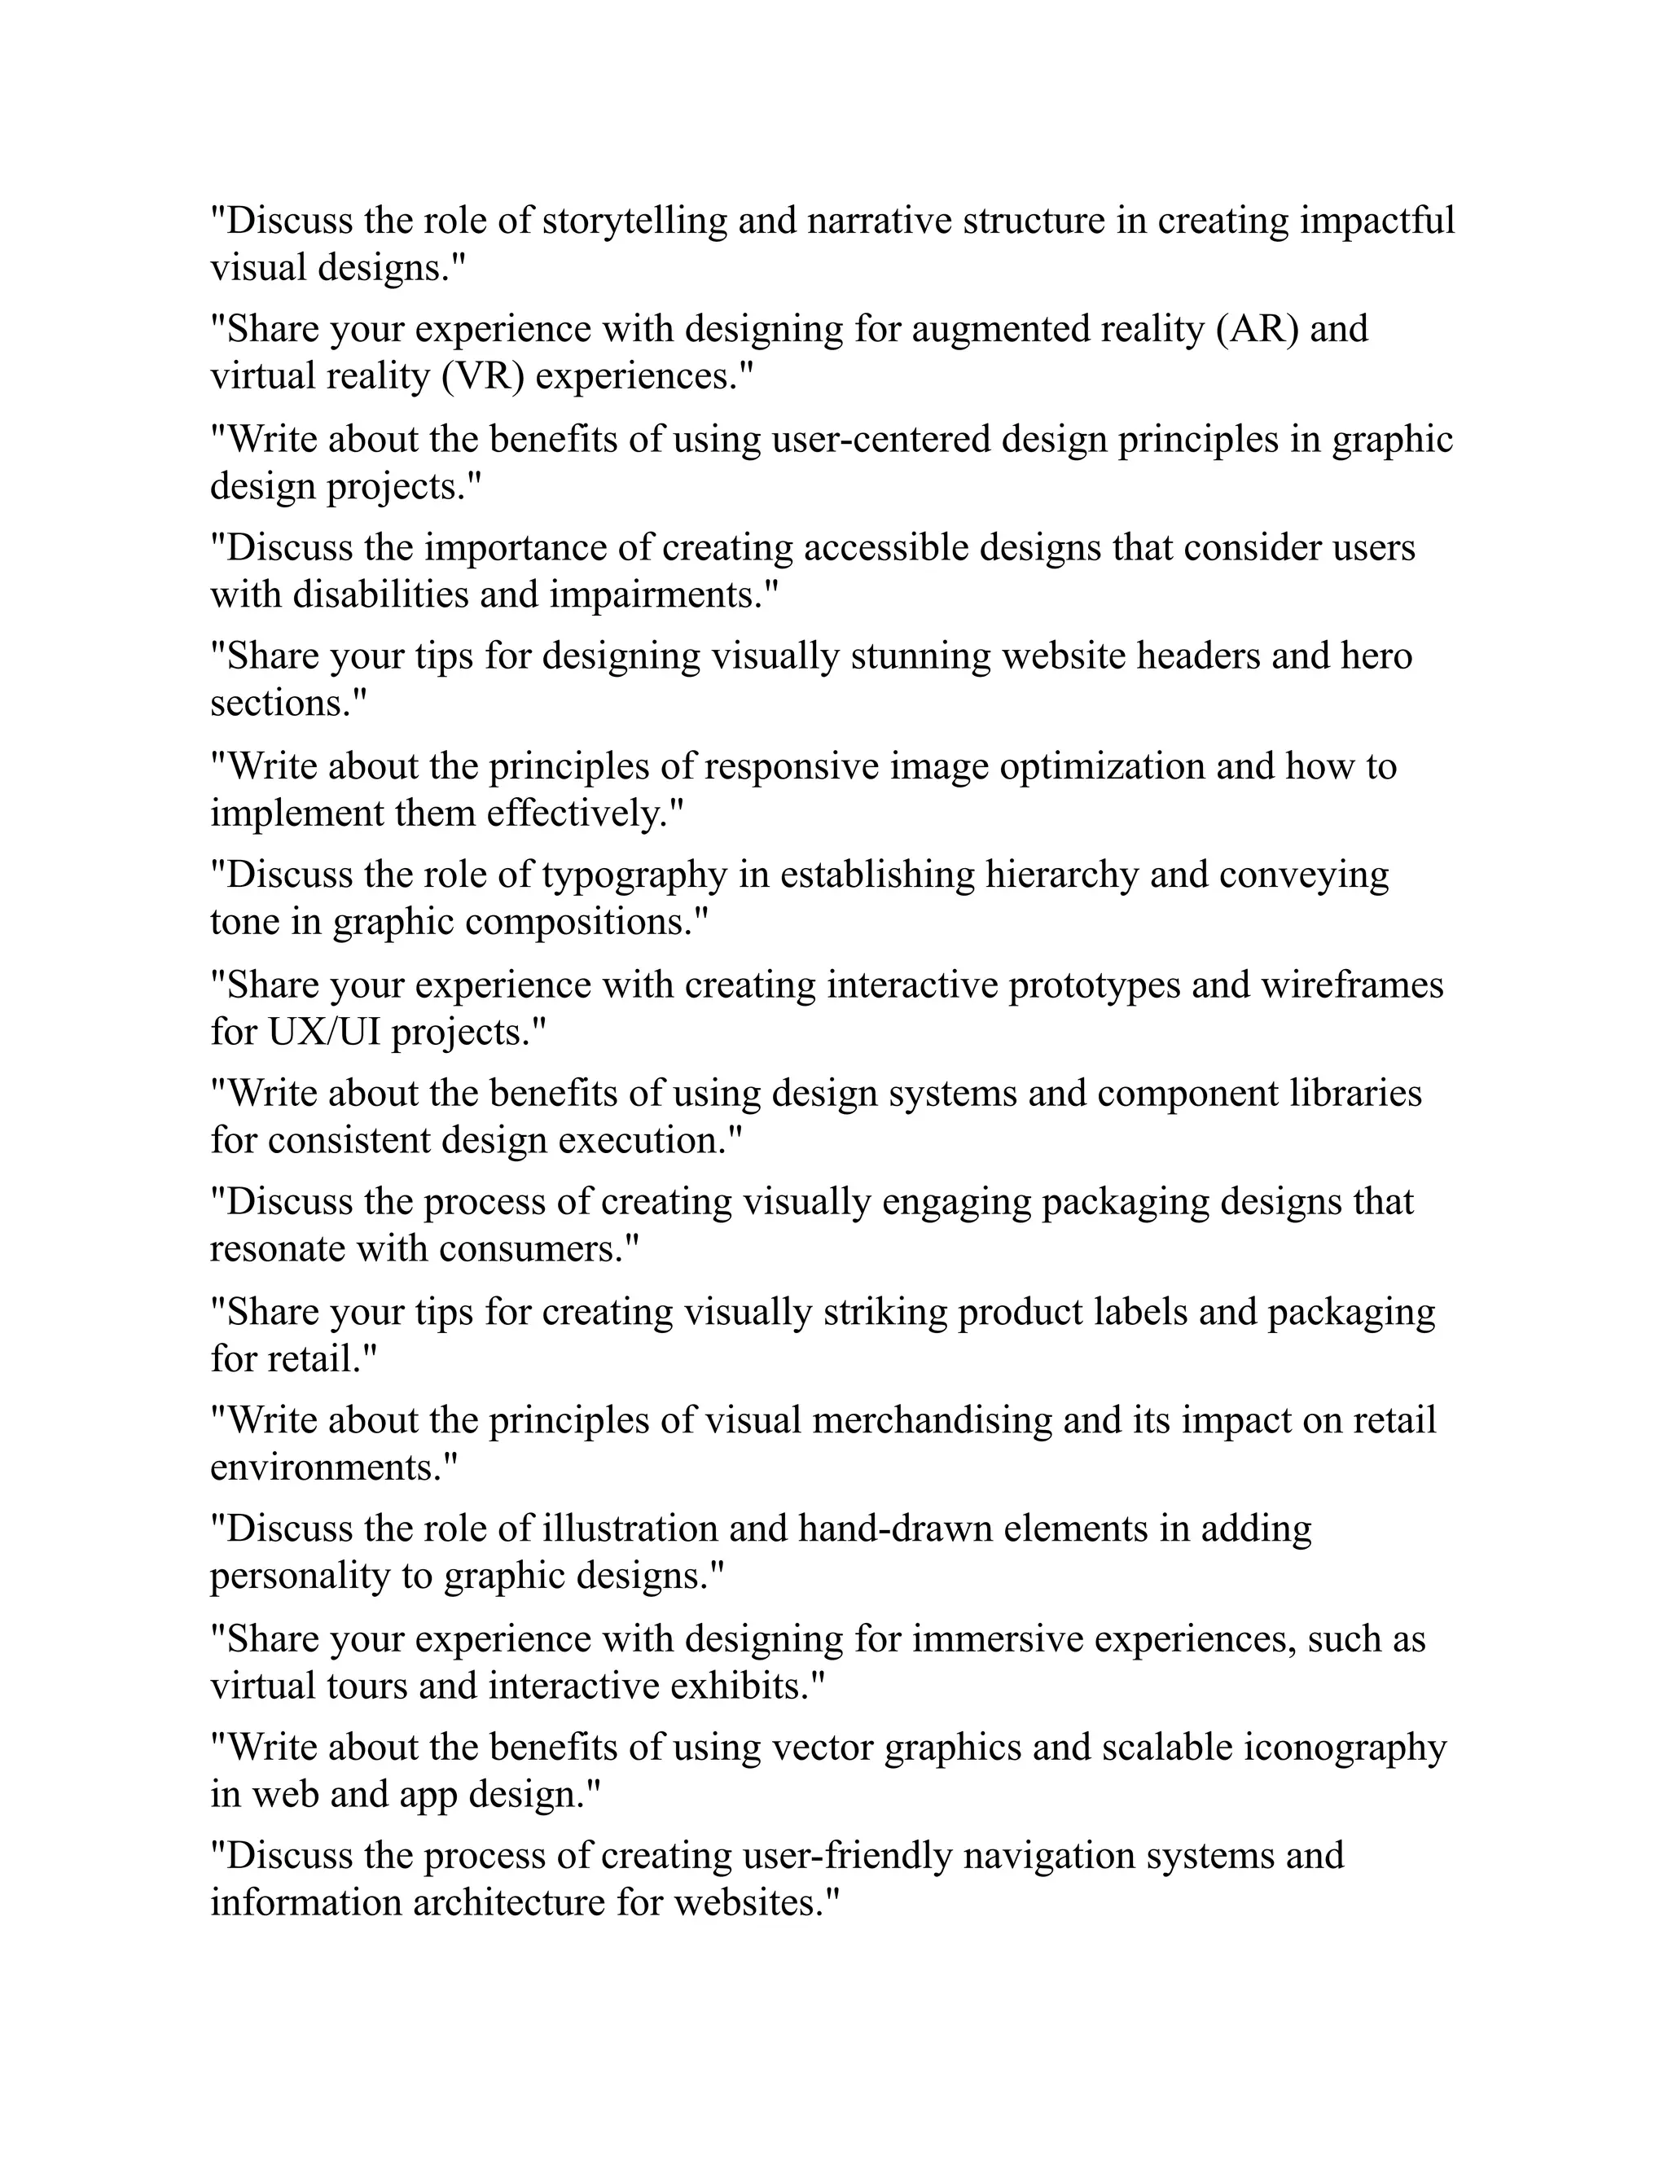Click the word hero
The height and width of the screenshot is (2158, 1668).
click(1376, 656)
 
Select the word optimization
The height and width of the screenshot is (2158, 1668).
click(1102, 765)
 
